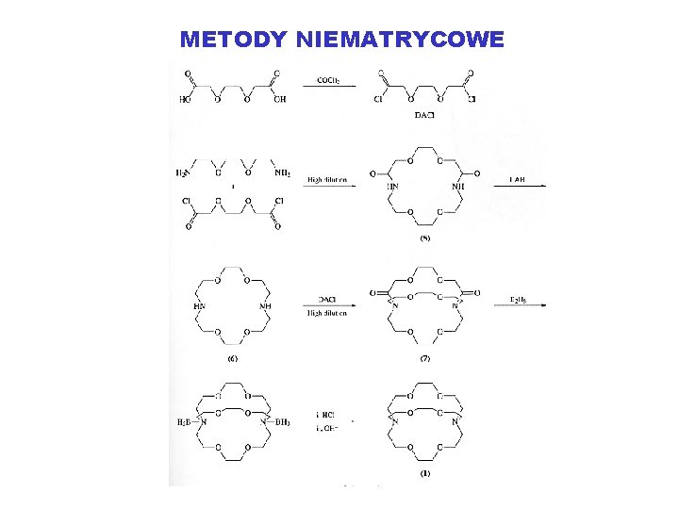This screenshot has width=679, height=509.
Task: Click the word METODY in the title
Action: pos(233,40)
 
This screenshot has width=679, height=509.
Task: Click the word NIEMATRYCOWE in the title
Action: pos(400,40)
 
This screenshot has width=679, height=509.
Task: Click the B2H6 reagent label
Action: pos(519,298)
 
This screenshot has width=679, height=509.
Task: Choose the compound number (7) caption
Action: pos(424,357)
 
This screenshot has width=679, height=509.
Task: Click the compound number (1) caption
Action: pos(424,473)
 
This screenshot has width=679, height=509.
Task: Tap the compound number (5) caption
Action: pos(424,239)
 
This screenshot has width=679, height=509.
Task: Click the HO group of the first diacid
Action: pos(186,99)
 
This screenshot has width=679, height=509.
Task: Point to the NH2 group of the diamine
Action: pos(281,172)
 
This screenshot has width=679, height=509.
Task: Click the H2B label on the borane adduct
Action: pos(184,421)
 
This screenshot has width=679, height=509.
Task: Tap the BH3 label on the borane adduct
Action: pos(281,421)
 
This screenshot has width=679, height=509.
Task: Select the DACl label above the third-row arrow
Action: pos(327,298)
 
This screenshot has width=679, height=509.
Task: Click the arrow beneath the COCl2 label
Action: pos(329,88)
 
